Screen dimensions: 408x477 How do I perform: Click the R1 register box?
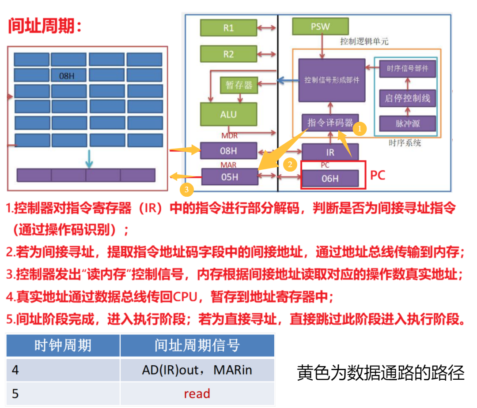point(228,28)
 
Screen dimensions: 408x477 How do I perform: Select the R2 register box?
point(228,54)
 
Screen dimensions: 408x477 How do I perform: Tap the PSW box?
point(320,26)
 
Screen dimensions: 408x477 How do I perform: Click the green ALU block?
point(228,114)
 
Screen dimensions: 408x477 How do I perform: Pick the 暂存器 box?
point(239,85)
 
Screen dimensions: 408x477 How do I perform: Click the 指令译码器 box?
point(330,122)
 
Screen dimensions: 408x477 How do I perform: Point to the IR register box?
point(330,153)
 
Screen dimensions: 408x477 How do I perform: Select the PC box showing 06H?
point(330,179)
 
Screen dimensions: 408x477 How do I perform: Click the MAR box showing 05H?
point(229,177)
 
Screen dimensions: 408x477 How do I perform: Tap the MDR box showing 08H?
point(228,151)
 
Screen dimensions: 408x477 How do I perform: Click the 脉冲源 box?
point(407,123)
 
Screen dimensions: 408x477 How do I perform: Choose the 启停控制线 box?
point(407,98)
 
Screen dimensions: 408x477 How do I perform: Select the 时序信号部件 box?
point(407,69)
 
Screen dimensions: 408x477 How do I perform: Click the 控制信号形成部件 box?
point(332,80)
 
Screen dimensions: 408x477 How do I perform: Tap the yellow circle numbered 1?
point(360,129)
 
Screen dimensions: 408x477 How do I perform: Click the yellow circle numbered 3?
point(187,190)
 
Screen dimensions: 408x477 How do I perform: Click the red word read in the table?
point(197,393)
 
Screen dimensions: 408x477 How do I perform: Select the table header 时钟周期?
point(63,345)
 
